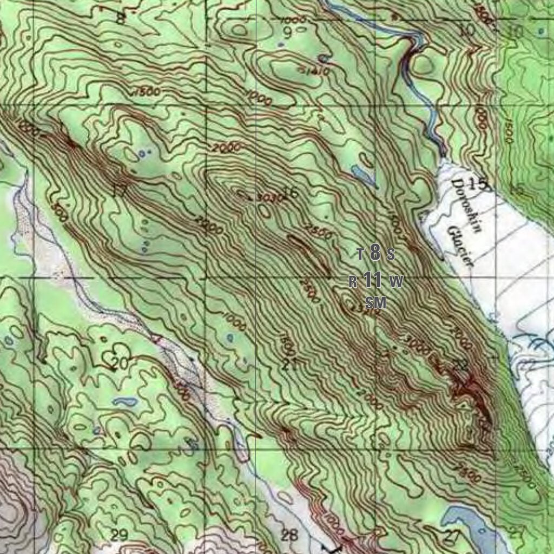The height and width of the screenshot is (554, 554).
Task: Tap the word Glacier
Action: (460, 246)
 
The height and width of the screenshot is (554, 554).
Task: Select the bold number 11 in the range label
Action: (373, 280)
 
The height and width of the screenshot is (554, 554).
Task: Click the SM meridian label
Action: (376, 302)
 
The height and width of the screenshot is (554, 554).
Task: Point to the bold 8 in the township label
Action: (375, 252)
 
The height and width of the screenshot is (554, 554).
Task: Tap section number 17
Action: (119, 190)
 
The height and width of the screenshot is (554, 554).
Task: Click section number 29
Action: (119, 535)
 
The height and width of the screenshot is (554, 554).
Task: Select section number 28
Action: (290, 536)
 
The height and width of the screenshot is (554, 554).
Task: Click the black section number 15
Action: (479, 184)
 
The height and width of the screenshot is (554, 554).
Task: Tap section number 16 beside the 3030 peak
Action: (291, 192)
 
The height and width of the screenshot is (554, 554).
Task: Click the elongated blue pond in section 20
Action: (126, 402)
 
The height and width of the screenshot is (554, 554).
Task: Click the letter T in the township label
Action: (361, 253)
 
